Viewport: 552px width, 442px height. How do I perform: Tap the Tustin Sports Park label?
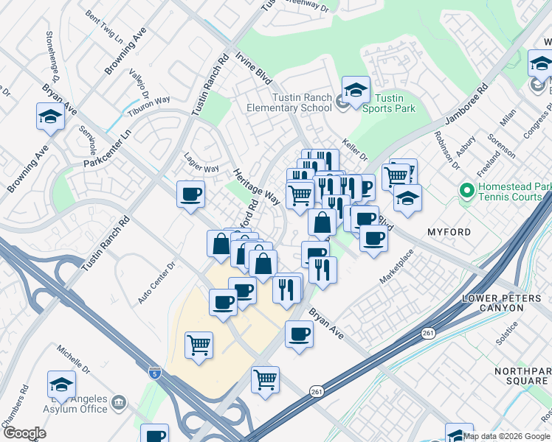(x=389, y=103)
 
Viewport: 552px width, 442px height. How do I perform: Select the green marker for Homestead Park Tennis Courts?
(x=466, y=192)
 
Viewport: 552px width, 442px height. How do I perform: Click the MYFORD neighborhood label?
(x=449, y=232)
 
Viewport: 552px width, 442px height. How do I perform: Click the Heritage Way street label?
(x=246, y=183)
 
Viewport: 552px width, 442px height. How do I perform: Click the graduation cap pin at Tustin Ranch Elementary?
(x=356, y=91)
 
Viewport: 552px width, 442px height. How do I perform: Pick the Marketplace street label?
(x=398, y=267)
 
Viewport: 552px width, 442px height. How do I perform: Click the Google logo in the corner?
(x=24, y=432)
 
